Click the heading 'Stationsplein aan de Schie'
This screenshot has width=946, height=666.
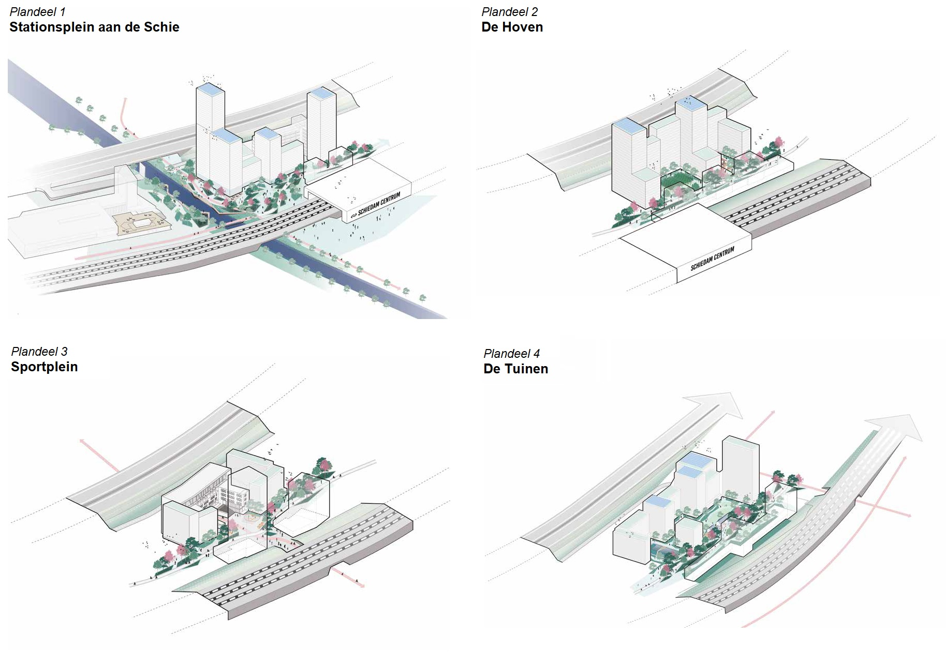coord(94,27)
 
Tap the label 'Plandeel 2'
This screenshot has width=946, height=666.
coord(509,12)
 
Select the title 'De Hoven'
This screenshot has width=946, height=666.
coord(512,27)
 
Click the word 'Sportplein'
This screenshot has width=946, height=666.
coord(45,367)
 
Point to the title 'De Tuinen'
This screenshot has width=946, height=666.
coord(515,369)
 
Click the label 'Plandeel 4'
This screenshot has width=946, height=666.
coord(511,354)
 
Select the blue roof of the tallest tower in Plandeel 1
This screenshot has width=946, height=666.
coord(210,88)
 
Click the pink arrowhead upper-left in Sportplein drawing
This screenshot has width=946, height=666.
coord(83,442)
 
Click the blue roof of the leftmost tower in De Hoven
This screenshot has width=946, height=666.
coord(628,125)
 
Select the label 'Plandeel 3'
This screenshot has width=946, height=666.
coord(39,352)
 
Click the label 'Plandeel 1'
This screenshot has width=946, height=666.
coord(37,12)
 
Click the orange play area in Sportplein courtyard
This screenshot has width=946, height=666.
coord(252,517)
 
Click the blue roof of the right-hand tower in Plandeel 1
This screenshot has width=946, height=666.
coord(321,94)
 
